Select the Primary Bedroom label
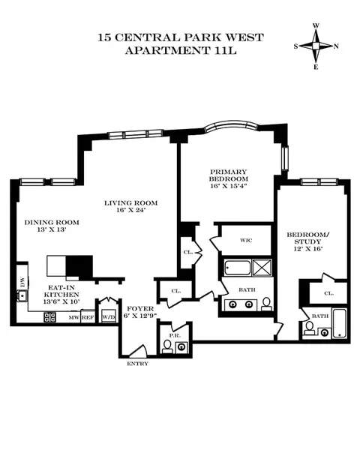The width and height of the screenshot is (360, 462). click(x=229, y=181)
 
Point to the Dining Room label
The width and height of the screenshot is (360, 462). click(x=52, y=227)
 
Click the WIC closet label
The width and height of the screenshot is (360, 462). click(x=245, y=241)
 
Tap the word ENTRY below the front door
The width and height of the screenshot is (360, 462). click(x=138, y=364)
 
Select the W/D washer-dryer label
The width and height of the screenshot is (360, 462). click(x=109, y=316)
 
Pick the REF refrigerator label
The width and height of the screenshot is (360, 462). click(x=88, y=318)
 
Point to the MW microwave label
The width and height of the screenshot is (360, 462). click(x=73, y=318)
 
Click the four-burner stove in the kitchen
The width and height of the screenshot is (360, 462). click(x=51, y=316)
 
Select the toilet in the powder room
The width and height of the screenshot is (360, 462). click(x=167, y=346)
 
